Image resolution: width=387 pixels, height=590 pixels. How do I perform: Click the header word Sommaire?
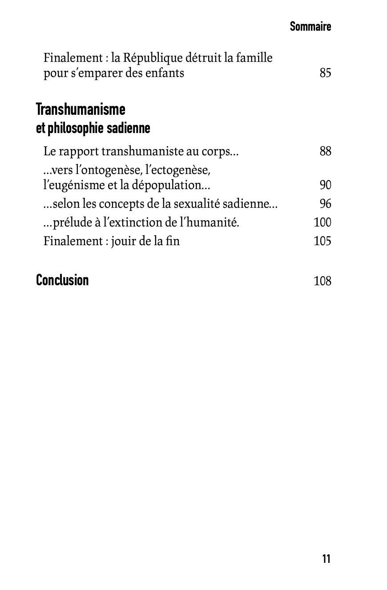point(310,27)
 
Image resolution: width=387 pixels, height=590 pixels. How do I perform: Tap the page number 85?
point(325,73)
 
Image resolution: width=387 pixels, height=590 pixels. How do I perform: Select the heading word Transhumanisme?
point(81,109)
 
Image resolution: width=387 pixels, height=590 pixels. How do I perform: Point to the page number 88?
point(325,151)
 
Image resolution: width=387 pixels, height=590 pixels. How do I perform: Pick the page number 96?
point(325,204)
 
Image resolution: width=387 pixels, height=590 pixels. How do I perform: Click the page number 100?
point(322,222)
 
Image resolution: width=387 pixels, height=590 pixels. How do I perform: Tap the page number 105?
point(322,241)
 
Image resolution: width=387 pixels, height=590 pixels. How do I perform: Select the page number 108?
point(322,281)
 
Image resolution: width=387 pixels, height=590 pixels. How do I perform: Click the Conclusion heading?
point(62,280)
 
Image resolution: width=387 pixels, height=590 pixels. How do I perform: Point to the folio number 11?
point(326,559)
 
